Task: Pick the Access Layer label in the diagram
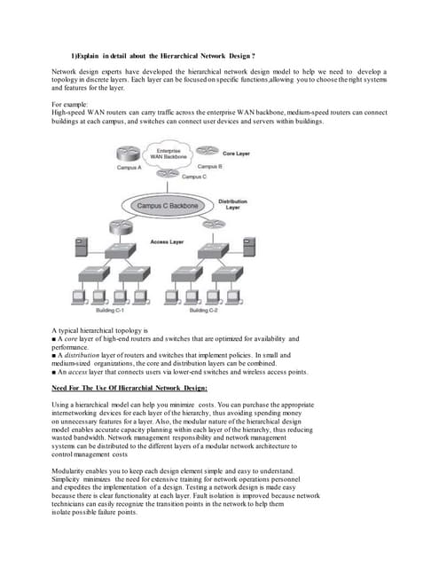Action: pyautogui.click(x=166, y=241)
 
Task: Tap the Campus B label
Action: pyautogui.click(x=209, y=166)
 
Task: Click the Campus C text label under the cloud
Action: pyautogui.click(x=182, y=177)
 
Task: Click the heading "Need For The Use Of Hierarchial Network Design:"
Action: pyautogui.click(x=129, y=388)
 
